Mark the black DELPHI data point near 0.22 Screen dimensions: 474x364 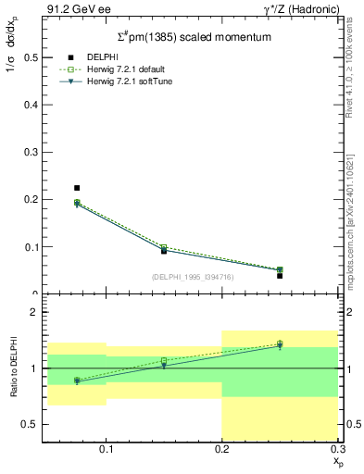click(77, 188)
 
